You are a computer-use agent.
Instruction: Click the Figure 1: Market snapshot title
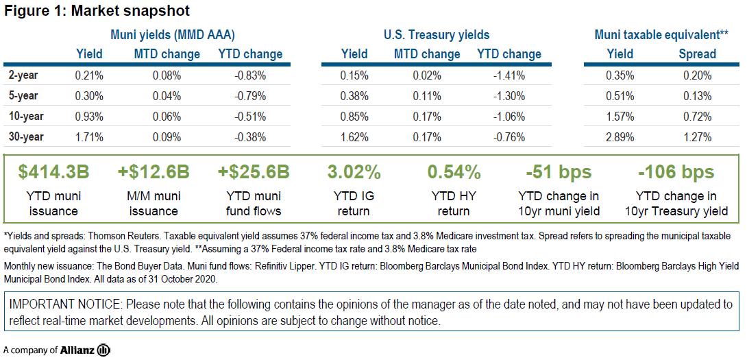coord(97,11)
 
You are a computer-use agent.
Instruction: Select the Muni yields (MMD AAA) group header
coord(177,34)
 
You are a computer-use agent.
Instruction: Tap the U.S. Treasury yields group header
coord(437,34)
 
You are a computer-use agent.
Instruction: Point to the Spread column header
coord(697,53)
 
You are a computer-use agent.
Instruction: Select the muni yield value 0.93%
coord(89,116)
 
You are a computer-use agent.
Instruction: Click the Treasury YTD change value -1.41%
coord(509,75)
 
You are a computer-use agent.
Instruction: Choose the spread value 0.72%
coord(697,116)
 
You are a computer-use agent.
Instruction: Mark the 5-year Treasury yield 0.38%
coord(354,95)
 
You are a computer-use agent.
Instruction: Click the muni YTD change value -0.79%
coord(249,95)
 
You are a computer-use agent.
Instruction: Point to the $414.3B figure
coord(48,172)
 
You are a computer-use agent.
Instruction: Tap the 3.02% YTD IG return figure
coord(354,172)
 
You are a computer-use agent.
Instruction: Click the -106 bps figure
coord(676,172)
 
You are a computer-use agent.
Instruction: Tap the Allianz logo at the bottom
coord(88,350)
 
